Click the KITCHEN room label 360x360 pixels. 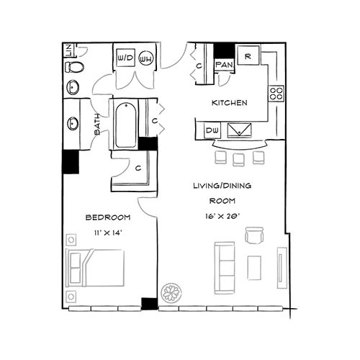point(229,103)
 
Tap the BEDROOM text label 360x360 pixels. point(107,217)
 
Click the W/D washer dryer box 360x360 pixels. point(125,58)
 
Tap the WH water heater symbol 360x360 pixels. point(146,58)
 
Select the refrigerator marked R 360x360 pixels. point(247,56)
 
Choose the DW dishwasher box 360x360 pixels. point(212,130)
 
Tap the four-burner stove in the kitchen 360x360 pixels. point(276,93)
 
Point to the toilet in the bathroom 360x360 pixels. point(74,68)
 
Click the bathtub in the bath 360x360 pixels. point(125,125)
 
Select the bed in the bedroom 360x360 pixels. point(95,268)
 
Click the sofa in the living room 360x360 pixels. point(225,264)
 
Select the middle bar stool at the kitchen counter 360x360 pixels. point(240,157)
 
